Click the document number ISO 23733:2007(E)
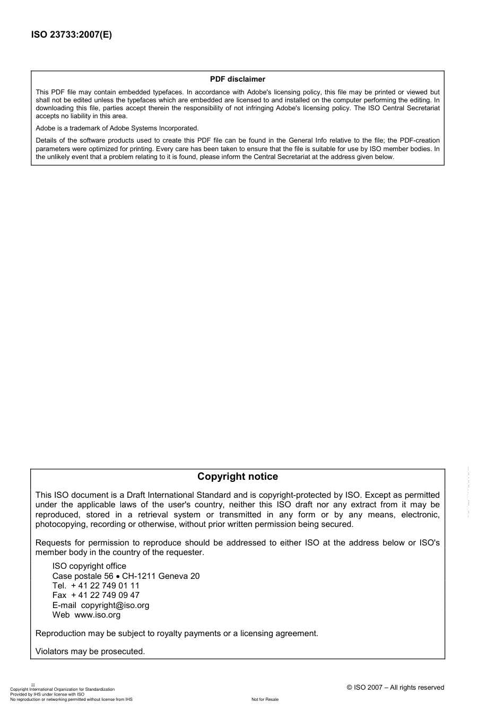click(72, 36)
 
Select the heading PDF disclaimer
click(237, 80)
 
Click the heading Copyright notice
click(237, 477)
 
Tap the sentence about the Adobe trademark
click(117, 128)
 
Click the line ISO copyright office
click(89, 566)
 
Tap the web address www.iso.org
click(97, 615)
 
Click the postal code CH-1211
click(139, 576)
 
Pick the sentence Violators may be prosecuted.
click(90, 652)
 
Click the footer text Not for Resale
click(265, 700)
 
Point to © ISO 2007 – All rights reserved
click(395, 688)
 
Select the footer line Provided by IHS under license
click(47, 694)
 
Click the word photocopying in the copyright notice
click(59, 524)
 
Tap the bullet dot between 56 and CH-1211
click(118, 576)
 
